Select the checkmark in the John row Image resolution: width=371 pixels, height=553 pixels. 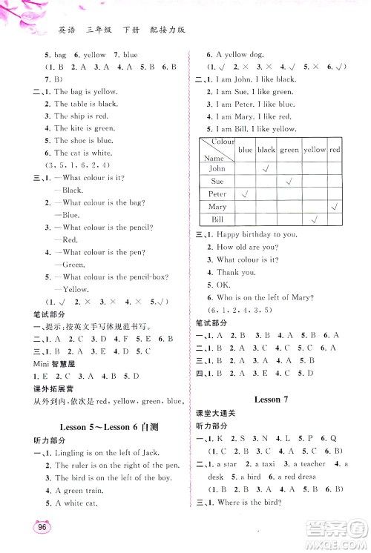pyautogui.click(x=266, y=168)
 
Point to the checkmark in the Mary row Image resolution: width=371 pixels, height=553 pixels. pyautogui.click(x=335, y=207)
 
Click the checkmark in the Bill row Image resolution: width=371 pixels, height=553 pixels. pyautogui.click(x=315, y=220)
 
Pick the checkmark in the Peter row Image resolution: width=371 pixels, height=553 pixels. pyautogui.click(x=245, y=194)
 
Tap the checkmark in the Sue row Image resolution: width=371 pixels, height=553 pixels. pyautogui.click(x=290, y=181)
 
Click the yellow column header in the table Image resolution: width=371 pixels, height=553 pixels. pyautogui.click(x=315, y=149)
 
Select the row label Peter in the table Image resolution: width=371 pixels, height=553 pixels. pyautogui.click(x=217, y=194)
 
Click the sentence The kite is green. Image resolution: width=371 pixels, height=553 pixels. pyautogui.click(x=81, y=128)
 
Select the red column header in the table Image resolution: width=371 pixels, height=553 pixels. pyautogui.click(x=335, y=149)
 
